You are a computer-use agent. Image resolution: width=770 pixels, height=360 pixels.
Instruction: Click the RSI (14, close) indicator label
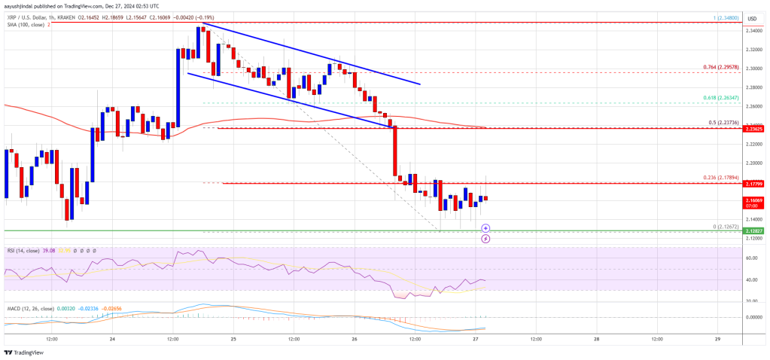point(28,250)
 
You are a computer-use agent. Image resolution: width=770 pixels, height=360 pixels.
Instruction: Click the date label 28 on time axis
point(596,338)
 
